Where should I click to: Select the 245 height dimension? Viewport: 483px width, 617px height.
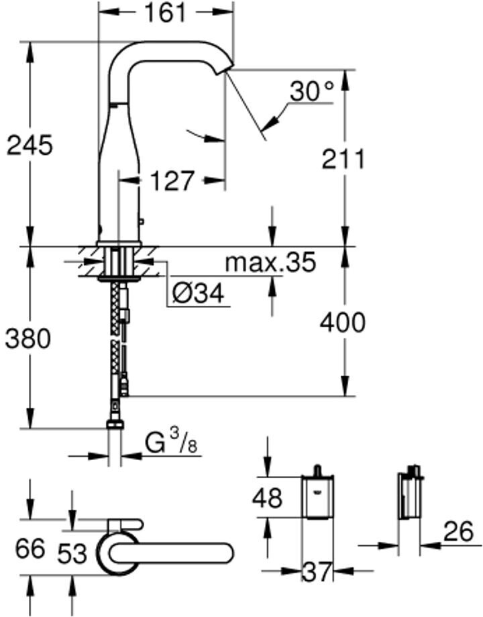click(x=29, y=144)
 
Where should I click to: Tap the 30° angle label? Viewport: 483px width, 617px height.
click(x=311, y=92)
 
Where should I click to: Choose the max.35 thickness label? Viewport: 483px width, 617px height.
click(x=270, y=262)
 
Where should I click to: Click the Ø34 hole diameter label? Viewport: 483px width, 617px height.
click(x=197, y=293)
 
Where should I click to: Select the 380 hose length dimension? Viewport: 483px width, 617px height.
click(x=28, y=339)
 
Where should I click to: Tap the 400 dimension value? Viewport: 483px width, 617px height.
click(x=342, y=323)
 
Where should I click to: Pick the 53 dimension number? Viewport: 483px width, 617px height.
click(x=72, y=553)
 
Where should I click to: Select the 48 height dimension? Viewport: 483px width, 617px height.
click(x=268, y=498)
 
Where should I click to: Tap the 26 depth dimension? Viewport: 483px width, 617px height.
click(x=458, y=532)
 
